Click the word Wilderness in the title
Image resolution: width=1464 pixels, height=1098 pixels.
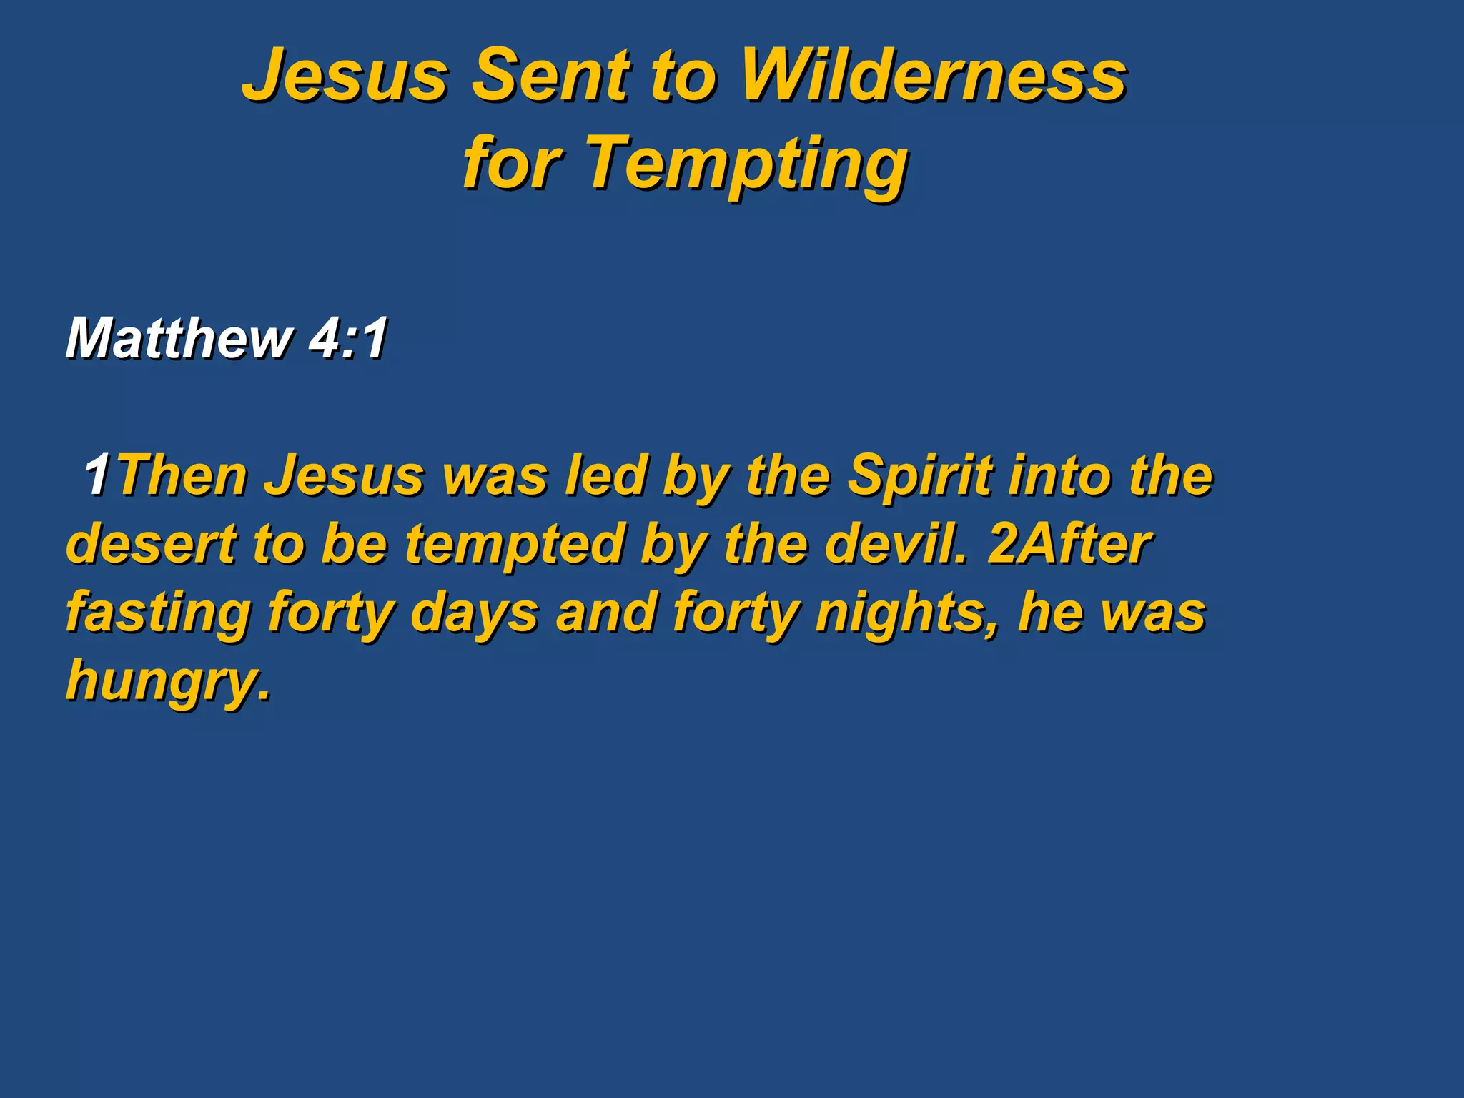933,75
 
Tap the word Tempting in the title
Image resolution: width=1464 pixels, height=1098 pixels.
747,164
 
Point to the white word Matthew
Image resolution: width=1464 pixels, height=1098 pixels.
179,337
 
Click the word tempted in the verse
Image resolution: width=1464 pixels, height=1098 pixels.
515,543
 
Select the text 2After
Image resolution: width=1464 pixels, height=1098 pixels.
1069,543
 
